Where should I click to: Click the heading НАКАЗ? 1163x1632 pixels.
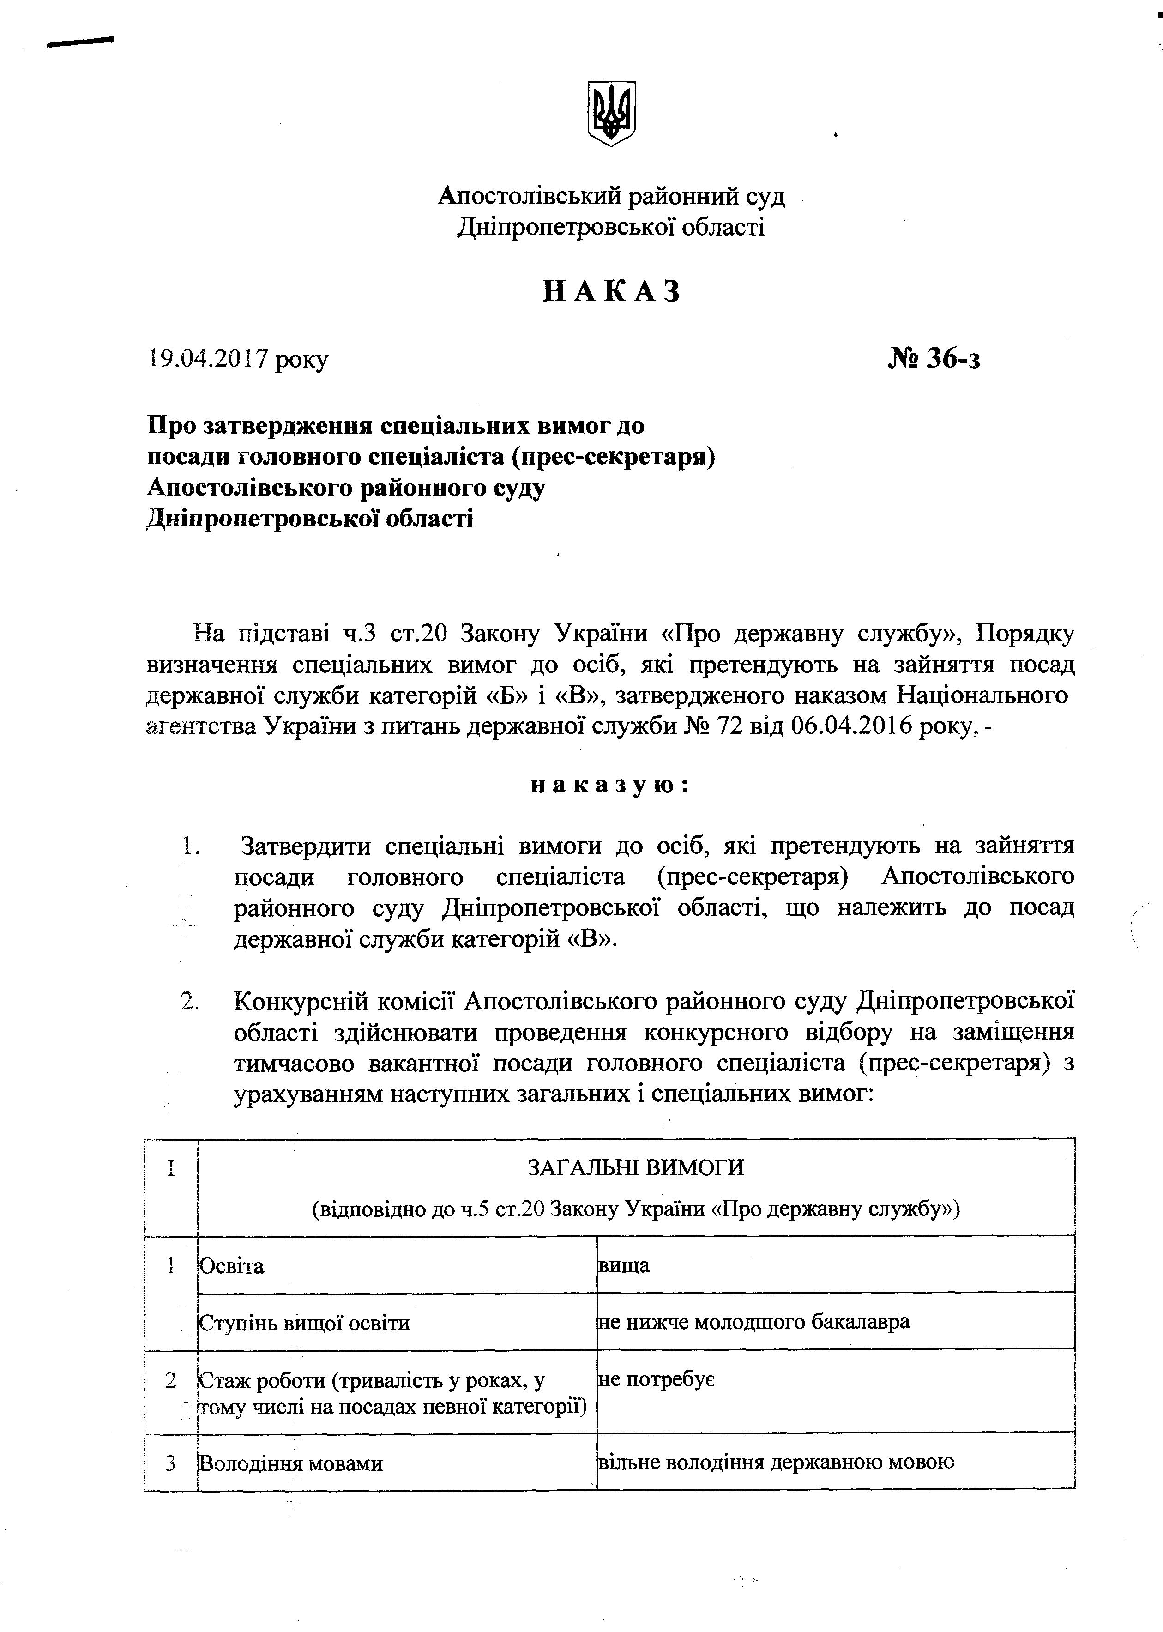(x=612, y=291)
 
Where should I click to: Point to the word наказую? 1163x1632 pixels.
(x=610, y=785)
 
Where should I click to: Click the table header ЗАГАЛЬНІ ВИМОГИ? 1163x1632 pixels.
(x=635, y=1167)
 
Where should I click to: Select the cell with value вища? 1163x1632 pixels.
(x=624, y=1265)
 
